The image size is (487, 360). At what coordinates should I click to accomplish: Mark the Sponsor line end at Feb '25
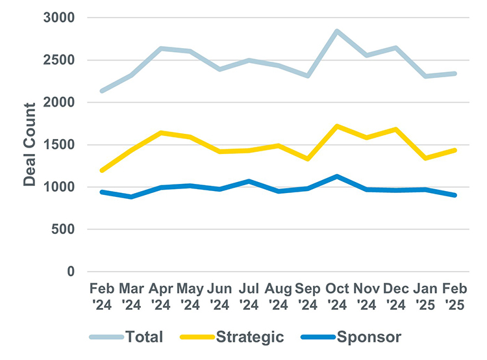pos(455,195)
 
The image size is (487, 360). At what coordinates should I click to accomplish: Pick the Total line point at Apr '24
pos(160,48)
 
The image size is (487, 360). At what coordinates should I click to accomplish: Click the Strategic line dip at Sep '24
pos(306,159)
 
